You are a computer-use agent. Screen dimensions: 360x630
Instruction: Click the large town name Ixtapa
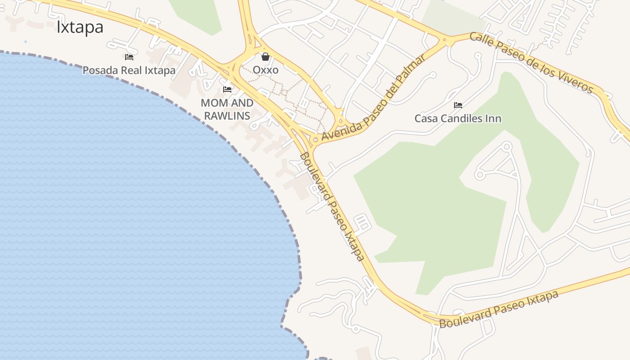pyautogui.click(x=80, y=27)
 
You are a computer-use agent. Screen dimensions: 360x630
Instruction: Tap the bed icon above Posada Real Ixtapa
pyautogui.click(x=129, y=57)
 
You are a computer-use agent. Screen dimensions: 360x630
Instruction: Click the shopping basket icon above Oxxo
pyautogui.click(x=265, y=57)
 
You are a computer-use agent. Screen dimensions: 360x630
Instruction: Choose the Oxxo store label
pyautogui.click(x=265, y=70)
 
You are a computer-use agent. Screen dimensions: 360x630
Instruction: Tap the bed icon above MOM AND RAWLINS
pyautogui.click(x=227, y=90)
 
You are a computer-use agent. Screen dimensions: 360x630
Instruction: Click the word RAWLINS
pyautogui.click(x=227, y=116)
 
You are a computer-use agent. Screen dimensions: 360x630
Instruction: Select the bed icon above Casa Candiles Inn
pyautogui.click(x=458, y=105)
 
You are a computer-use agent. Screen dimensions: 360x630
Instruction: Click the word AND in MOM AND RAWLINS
pyautogui.click(x=242, y=103)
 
